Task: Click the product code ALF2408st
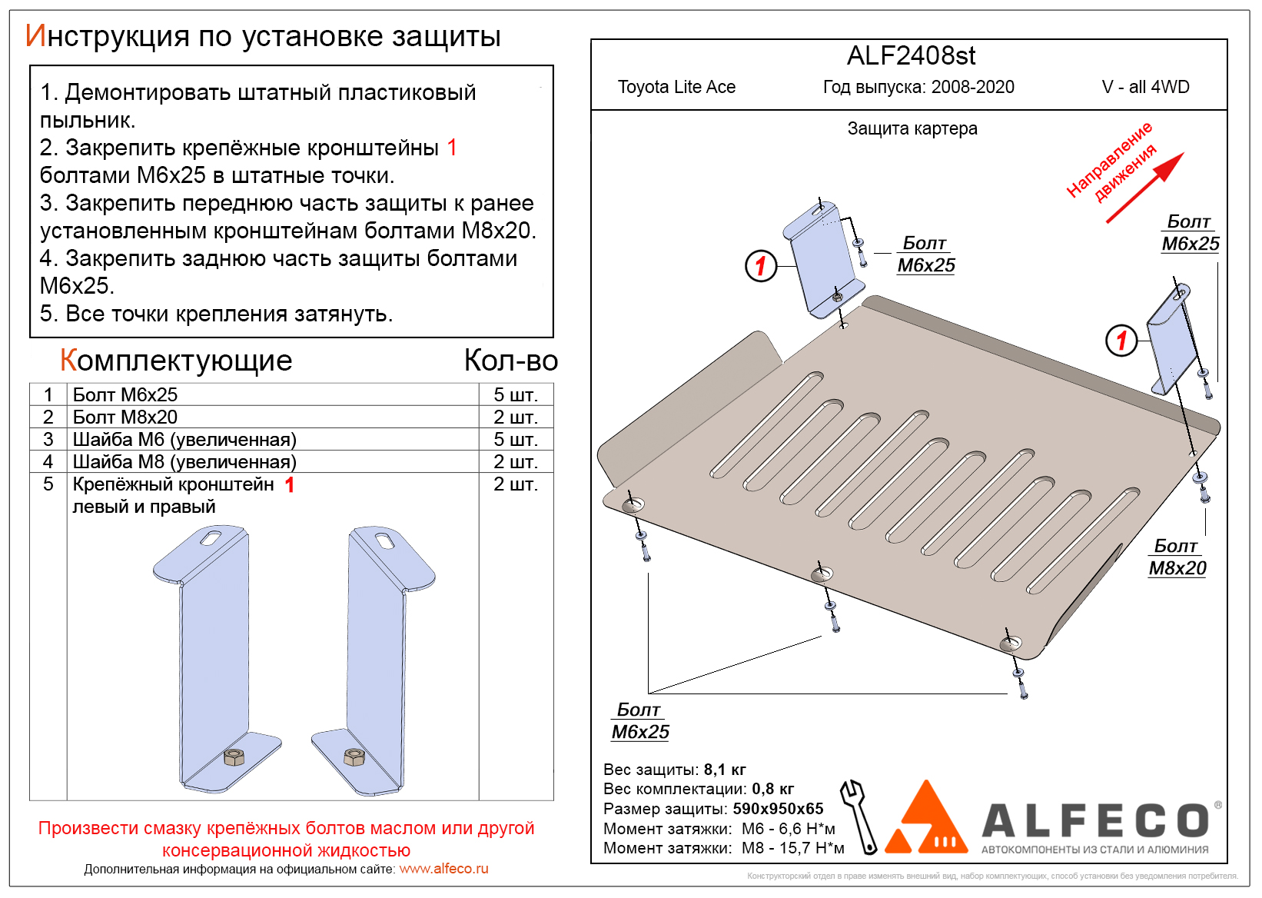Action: coord(911,56)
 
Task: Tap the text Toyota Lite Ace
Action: coord(676,87)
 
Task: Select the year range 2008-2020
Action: coord(972,87)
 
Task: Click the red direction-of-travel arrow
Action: coord(1144,188)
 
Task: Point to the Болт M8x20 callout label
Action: coord(1177,557)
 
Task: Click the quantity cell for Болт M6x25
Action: coord(515,394)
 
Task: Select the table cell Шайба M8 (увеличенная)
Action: coord(184,461)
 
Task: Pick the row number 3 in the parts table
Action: coord(48,439)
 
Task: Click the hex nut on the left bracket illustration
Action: coord(234,757)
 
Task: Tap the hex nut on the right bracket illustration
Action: coord(354,757)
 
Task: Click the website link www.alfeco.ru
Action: coord(443,869)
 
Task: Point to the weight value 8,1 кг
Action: coord(725,770)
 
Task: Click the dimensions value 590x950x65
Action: coord(778,809)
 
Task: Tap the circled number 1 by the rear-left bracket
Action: coord(761,266)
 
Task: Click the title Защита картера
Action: coord(912,128)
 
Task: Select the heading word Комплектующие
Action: coord(176,361)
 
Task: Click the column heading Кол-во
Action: coord(511,361)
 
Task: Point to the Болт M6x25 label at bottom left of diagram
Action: coord(640,721)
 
